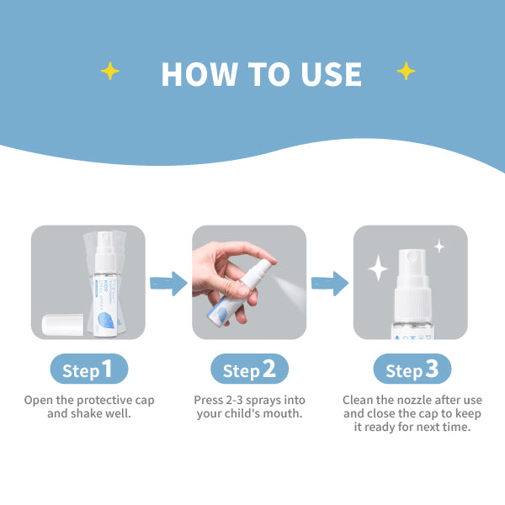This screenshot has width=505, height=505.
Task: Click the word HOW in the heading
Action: click(199, 74)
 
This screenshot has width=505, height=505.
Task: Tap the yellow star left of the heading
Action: click(109, 71)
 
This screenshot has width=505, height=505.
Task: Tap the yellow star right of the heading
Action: click(407, 71)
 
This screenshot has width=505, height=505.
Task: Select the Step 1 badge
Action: click(89, 369)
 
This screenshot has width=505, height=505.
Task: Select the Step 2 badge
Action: click(249, 369)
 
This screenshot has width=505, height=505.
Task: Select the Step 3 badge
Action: click(412, 369)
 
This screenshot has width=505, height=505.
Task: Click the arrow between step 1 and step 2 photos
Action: click(168, 284)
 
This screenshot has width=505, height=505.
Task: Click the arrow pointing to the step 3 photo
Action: click(330, 284)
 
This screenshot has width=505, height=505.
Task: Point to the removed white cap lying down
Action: click(63, 325)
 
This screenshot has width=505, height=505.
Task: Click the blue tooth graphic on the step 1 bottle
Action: click(106, 320)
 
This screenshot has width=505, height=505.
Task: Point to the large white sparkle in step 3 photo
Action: click(378, 268)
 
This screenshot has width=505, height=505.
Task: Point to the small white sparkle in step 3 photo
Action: click(439, 247)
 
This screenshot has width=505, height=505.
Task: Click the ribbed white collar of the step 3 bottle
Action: click(412, 304)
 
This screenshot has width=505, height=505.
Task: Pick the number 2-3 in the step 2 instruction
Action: click(234, 400)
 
